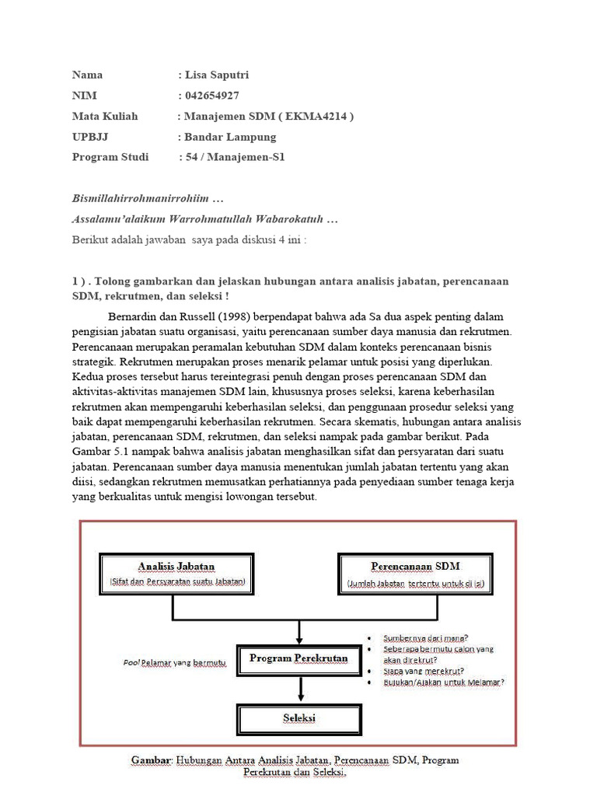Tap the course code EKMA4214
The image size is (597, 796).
coord(313,117)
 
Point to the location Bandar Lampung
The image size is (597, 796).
coord(230,137)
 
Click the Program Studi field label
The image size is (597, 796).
coord(110,157)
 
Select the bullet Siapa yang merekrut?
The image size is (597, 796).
coord(424,670)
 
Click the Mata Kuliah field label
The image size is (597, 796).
coord(105,117)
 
